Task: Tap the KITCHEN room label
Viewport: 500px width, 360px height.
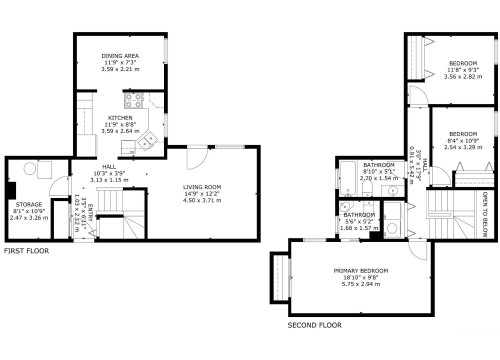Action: (119, 117)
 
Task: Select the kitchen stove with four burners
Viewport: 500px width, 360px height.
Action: (132, 99)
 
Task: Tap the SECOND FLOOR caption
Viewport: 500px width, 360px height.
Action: (316, 325)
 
